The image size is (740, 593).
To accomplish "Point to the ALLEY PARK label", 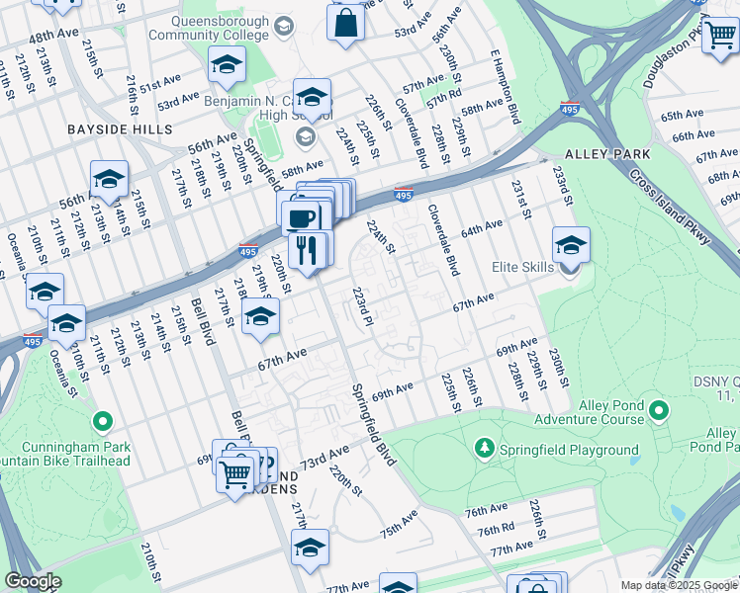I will coord(607,154).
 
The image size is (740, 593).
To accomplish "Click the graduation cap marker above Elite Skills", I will coord(571,244).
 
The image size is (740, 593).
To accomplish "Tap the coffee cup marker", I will coord(301,216).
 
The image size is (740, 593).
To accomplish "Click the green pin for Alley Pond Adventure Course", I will coord(659,409).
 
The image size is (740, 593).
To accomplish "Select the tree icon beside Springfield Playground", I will coord(484,450).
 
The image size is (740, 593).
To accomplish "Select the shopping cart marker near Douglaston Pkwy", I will coord(720,36).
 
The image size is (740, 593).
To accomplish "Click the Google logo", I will coord(33,581).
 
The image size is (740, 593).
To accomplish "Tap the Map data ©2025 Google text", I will coord(679,585).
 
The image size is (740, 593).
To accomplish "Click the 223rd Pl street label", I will coord(363,305).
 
